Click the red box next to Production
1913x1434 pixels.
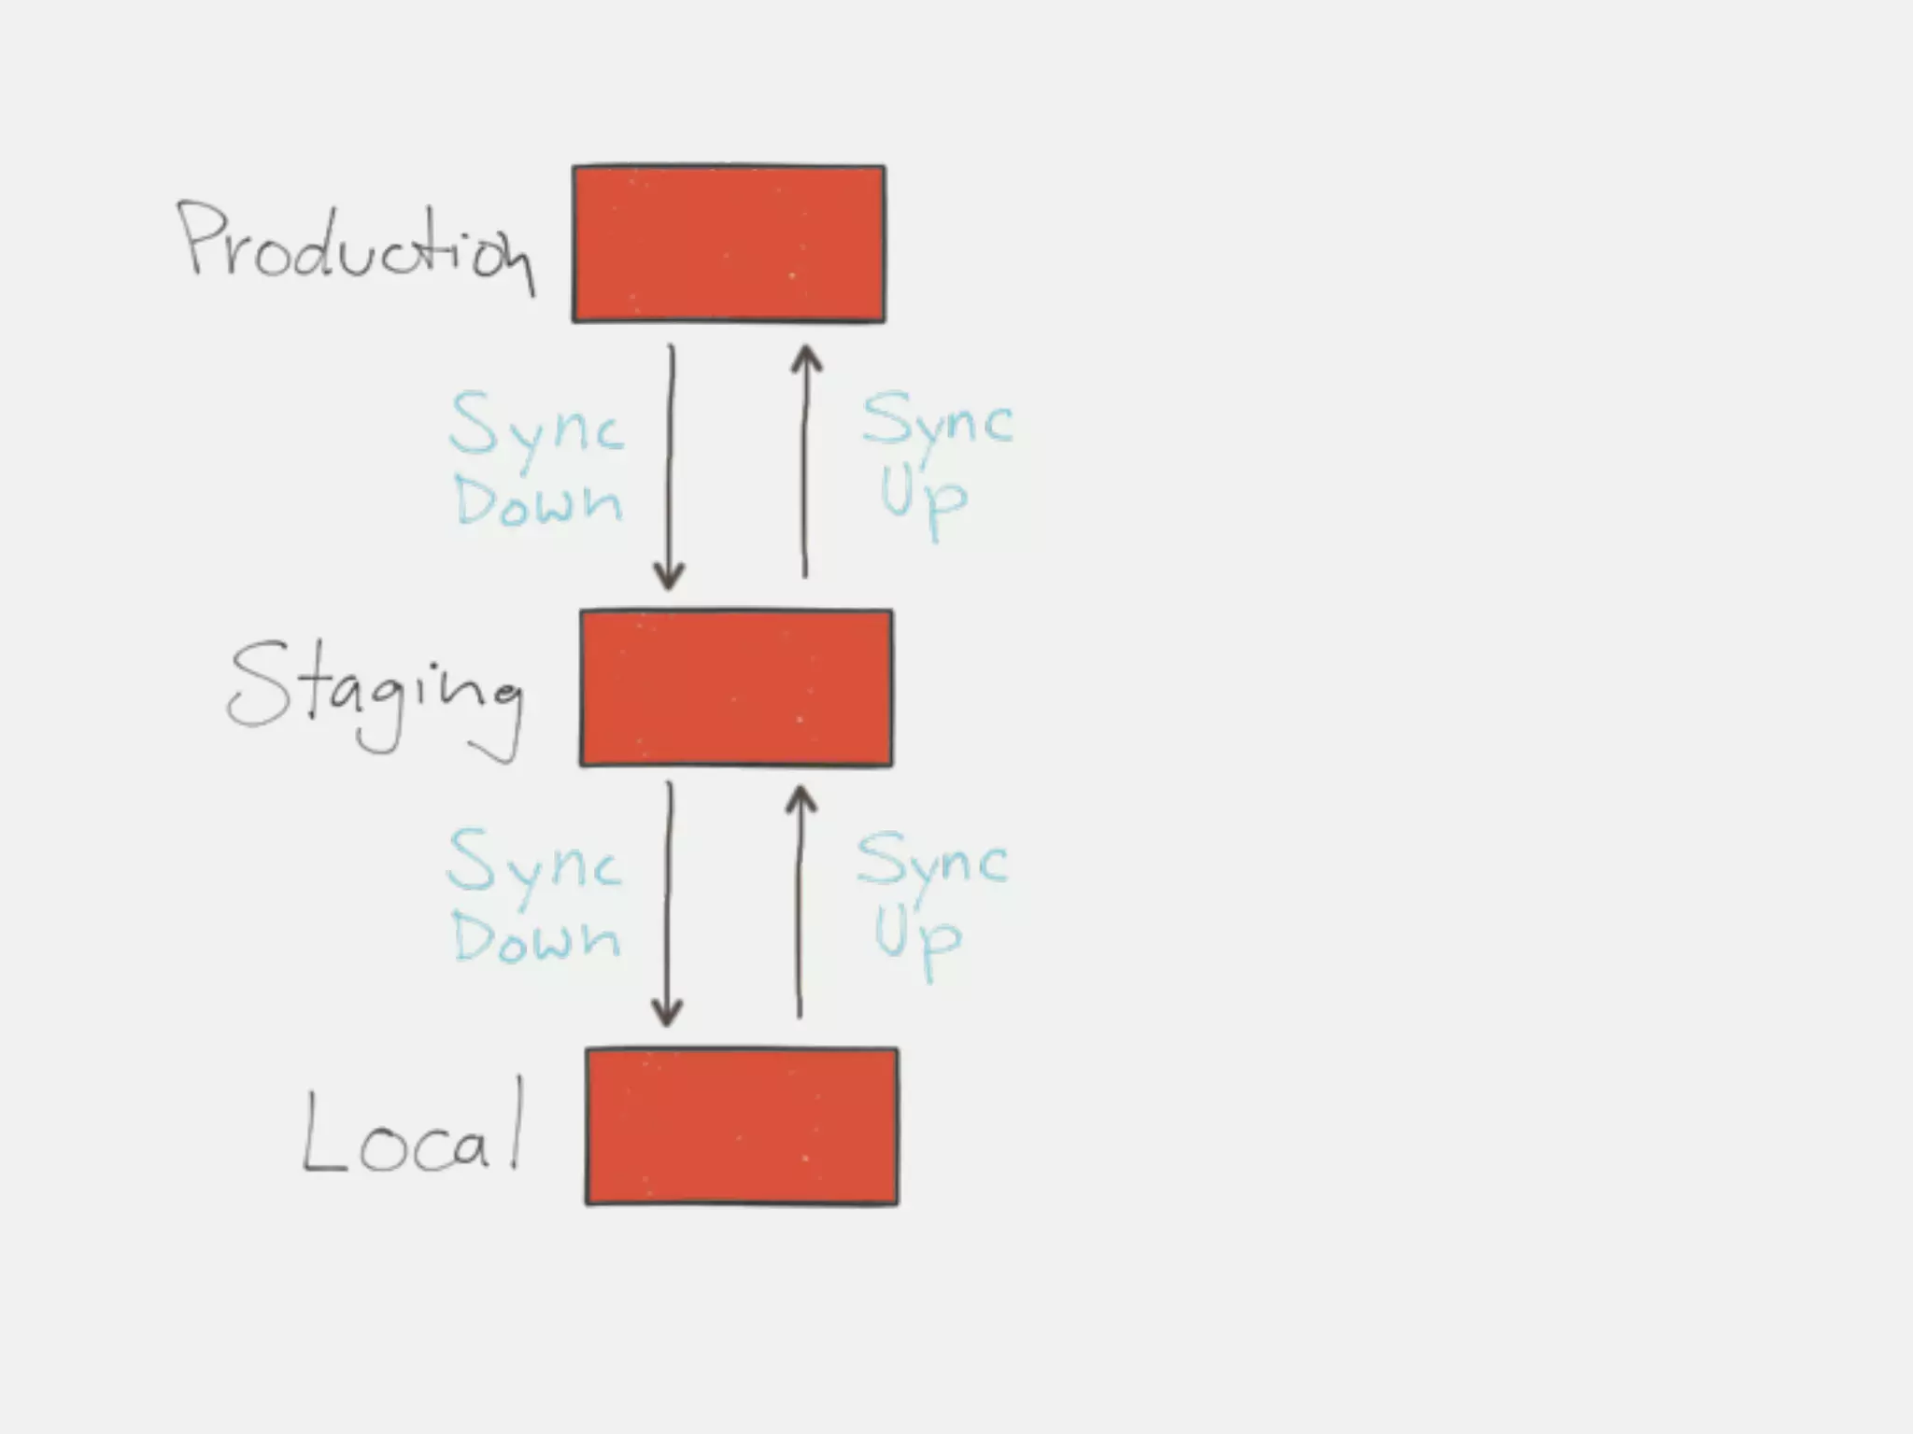[x=729, y=244]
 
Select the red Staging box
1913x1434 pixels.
[x=736, y=688]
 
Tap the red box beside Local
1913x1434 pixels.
[x=742, y=1126]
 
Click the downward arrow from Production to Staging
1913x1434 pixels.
[x=670, y=467]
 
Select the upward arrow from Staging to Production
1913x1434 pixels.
[x=805, y=462]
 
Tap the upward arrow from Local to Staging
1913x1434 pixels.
[x=800, y=902]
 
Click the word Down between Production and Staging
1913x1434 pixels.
[x=538, y=501]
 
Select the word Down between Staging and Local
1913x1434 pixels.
[x=535, y=937]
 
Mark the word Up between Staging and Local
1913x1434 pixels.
[x=917, y=937]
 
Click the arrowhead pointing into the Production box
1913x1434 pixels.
[x=806, y=359]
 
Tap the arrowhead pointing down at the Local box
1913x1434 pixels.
[x=667, y=1012]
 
